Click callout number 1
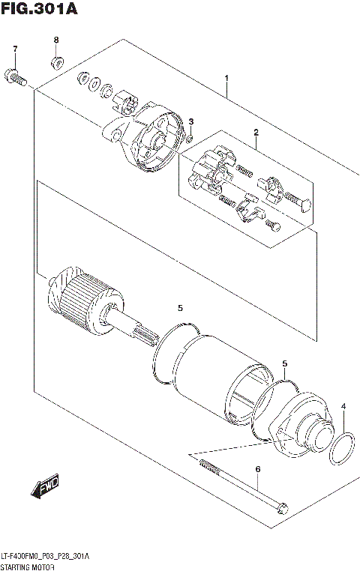pos(226,78)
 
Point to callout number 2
pos(256,133)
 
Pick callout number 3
pos(191,121)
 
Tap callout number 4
pos(343,407)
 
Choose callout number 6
pos(257,469)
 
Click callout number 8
pos(55,39)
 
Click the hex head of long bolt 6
pos(281,508)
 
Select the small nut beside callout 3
pos(190,137)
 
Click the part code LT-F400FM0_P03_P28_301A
pos(45,557)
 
